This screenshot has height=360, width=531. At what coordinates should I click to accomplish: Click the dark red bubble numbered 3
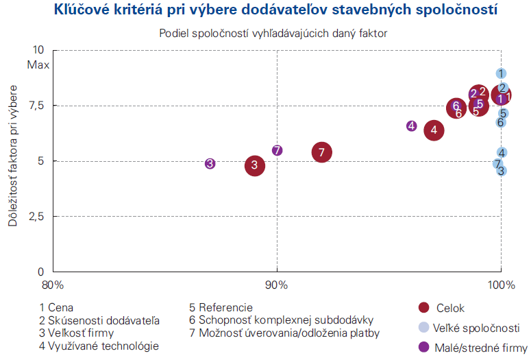coord(255,165)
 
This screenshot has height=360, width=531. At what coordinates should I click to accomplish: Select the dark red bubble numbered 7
coord(322,152)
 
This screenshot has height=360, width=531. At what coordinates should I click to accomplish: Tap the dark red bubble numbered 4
coord(434,130)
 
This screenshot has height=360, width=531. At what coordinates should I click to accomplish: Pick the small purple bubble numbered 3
coord(210,163)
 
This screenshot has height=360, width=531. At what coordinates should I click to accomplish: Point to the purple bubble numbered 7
coord(277,150)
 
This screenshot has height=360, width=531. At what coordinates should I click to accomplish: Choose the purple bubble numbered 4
coord(411,126)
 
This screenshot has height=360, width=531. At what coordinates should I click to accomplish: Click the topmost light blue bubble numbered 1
coord(501,73)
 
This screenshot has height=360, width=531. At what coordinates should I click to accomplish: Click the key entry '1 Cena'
coord(57,307)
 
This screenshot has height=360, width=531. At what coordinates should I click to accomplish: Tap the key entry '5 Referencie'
coord(221,307)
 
